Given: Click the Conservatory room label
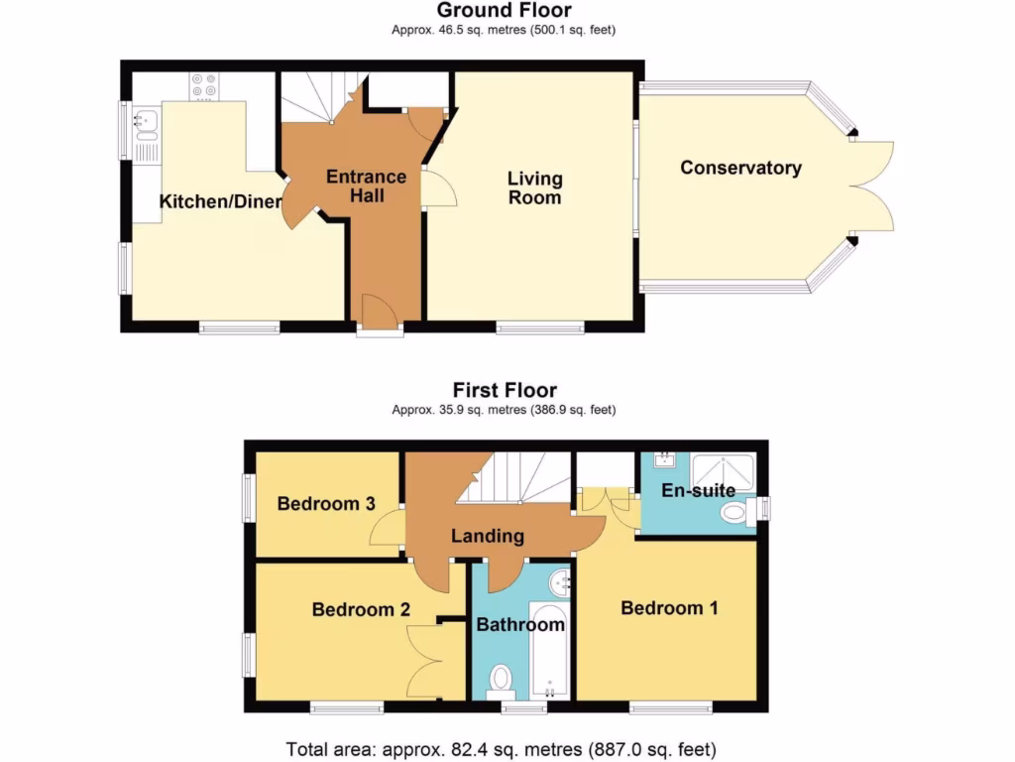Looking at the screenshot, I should tap(740, 168).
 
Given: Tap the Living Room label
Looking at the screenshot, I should tap(535, 188).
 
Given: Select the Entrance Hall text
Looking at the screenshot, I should tap(367, 186).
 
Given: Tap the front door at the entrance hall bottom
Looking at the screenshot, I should tap(380, 316).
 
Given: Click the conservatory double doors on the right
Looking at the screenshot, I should tap(873, 187).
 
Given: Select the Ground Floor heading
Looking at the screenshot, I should tap(504, 11).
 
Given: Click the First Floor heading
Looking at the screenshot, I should tap(505, 390).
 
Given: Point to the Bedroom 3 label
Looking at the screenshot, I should tap(325, 504).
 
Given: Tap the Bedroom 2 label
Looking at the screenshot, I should tap(361, 609).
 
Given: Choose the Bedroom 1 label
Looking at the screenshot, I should tap(669, 607).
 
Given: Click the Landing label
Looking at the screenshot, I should tap(487, 536).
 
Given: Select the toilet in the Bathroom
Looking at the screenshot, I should tap(501, 680).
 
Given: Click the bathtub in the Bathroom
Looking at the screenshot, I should tap(547, 650).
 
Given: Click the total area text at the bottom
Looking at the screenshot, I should tap(501, 749).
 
